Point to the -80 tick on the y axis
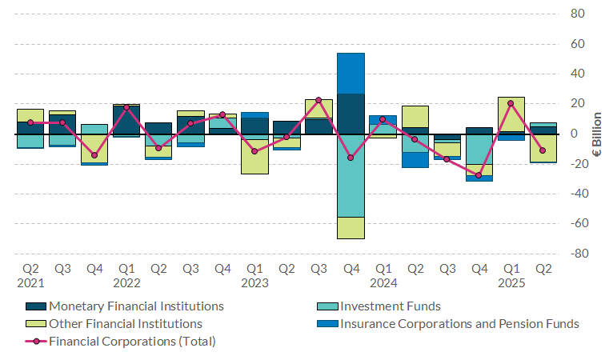[x=577, y=254]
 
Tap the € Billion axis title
[x=596, y=134]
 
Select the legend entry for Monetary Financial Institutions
[x=136, y=306]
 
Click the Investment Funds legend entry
[x=391, y=306]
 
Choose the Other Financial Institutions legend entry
[x=125, y=323]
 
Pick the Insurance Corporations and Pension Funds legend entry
[x=459, y=323]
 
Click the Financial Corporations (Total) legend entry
[x=132, y=342]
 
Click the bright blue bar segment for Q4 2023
[x=351, y=74]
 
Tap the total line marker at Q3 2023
[x=319, y=100]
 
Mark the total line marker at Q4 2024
[x=479, y=175]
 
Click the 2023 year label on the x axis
[x=254, y=282]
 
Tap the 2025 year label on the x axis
[x=511, y=282]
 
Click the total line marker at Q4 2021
[x=94, y=155]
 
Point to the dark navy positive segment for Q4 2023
[x=351, y=114]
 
